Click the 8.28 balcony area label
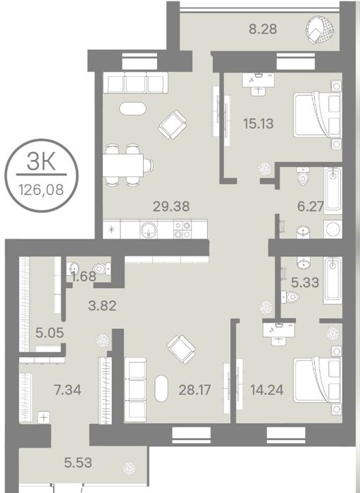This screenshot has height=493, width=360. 263,29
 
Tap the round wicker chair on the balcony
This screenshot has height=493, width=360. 319,30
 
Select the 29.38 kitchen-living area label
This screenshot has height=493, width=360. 171,206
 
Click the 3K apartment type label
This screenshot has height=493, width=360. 41,161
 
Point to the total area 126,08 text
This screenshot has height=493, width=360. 41,189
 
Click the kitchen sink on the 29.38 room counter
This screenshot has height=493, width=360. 149,229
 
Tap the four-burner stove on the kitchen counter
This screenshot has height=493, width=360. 182,230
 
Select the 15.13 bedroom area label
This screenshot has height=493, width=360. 258,123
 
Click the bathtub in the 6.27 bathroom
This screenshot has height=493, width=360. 333,190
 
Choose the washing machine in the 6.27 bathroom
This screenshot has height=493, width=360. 333,229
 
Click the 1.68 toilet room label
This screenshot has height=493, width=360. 83,276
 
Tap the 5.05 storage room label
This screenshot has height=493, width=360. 50,332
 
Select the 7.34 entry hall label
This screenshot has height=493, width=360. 68,390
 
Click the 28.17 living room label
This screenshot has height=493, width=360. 194,390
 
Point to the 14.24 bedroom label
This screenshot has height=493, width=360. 266,390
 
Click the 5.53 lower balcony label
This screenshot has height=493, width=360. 78,463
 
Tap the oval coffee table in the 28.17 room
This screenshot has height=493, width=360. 161,388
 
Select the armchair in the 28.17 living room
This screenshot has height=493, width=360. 181,349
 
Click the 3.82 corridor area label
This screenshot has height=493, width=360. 102,306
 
